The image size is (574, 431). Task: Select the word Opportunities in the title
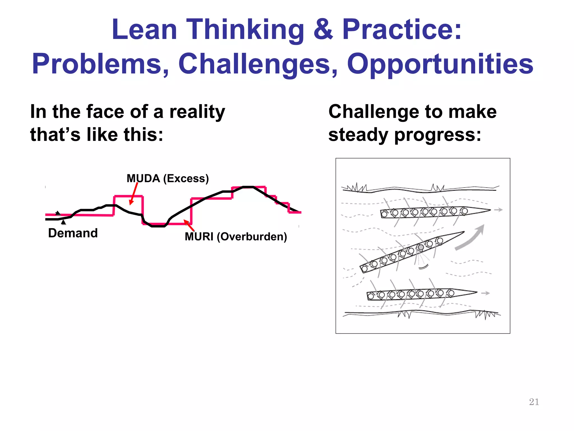tap(440, 64)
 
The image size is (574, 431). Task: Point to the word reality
tap(197, 112)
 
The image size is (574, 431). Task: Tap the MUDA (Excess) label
tap(168, 178)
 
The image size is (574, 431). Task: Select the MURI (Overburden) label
tap(236, 237)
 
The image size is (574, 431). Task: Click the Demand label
tap(73, 233)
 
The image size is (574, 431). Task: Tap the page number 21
tap(534, 402)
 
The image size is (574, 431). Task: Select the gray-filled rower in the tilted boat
tap(421, 247)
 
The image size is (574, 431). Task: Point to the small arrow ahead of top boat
tap(498, 210)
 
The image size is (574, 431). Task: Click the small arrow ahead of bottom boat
tap(485, 293)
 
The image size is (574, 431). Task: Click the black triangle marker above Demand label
tap(64, 222)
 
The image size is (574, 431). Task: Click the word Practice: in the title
tap(401, 30)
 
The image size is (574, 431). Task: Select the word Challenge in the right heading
tap(374, 112)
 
